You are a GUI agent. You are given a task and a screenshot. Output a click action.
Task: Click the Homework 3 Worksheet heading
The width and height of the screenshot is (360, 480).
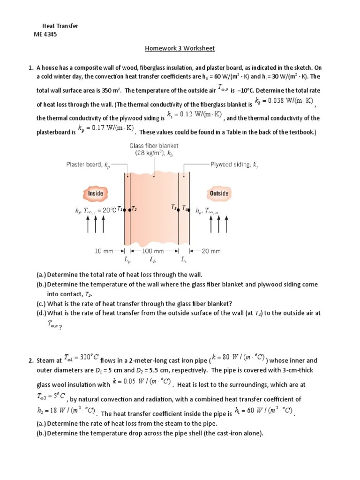click(180, 48)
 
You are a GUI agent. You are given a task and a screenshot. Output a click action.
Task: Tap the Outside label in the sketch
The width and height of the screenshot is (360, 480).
click(219, 193)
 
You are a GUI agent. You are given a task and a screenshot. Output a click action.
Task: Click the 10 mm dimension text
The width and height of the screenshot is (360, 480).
click(104, 251)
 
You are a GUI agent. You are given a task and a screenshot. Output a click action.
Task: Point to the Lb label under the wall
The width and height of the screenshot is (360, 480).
click(153, 259)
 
